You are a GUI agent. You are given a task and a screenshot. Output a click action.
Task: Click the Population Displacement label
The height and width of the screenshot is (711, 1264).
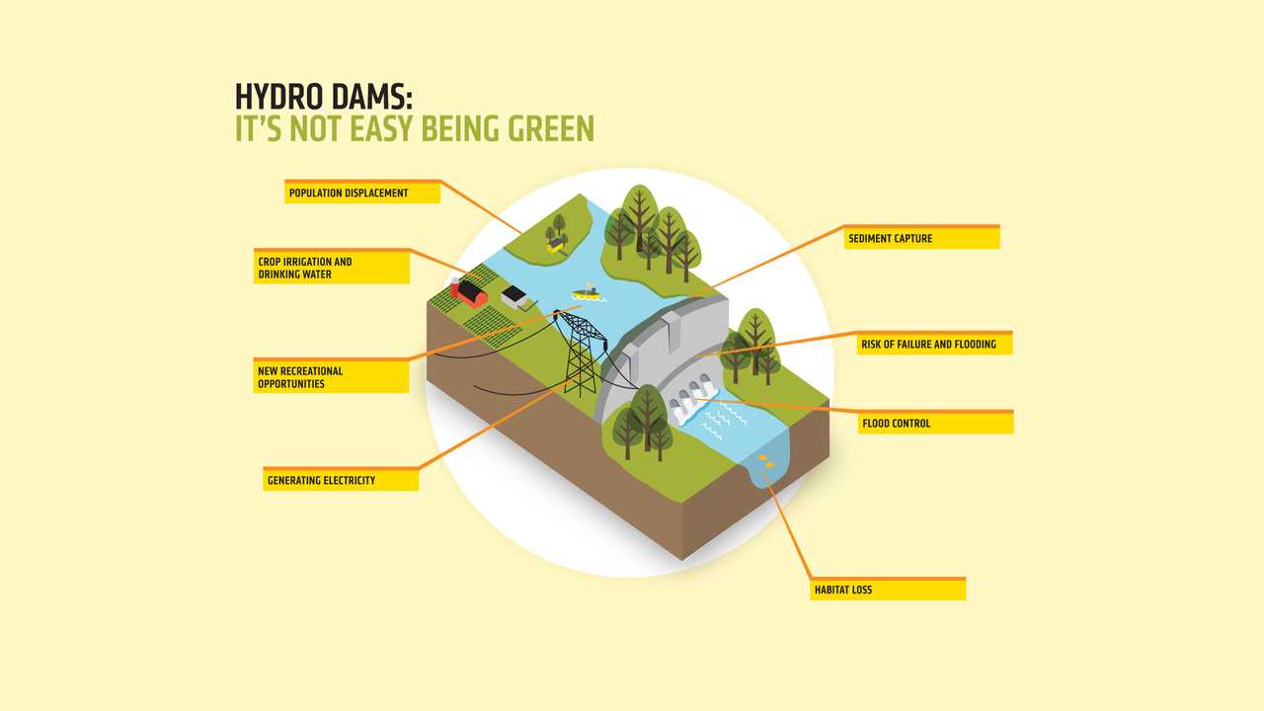362,193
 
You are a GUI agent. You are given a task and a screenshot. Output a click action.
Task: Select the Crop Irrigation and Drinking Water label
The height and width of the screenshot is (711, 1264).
332,267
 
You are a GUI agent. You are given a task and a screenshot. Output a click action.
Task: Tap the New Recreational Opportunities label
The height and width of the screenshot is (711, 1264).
331,376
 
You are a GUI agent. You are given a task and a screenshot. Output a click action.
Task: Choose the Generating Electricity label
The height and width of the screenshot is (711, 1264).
341,480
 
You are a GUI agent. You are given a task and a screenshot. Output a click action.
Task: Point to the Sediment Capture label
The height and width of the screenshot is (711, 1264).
922,238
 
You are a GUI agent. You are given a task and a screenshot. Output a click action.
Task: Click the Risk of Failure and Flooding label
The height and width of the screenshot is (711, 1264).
934,343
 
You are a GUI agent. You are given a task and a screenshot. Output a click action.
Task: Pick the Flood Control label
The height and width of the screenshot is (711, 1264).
935,422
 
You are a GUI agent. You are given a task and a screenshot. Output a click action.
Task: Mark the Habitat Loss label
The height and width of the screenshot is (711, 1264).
888,590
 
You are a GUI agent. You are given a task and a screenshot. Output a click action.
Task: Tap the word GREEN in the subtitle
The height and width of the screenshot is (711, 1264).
551,128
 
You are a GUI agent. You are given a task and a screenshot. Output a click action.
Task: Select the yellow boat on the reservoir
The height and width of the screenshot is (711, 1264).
587,293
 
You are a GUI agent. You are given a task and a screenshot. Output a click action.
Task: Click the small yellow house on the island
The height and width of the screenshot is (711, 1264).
557,244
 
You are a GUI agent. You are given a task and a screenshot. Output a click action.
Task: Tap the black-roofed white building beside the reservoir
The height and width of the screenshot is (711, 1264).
514,297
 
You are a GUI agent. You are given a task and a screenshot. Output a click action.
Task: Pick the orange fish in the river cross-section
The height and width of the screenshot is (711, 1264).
766,461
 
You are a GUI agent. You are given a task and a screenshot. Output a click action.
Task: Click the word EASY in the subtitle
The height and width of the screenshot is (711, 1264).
381,128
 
